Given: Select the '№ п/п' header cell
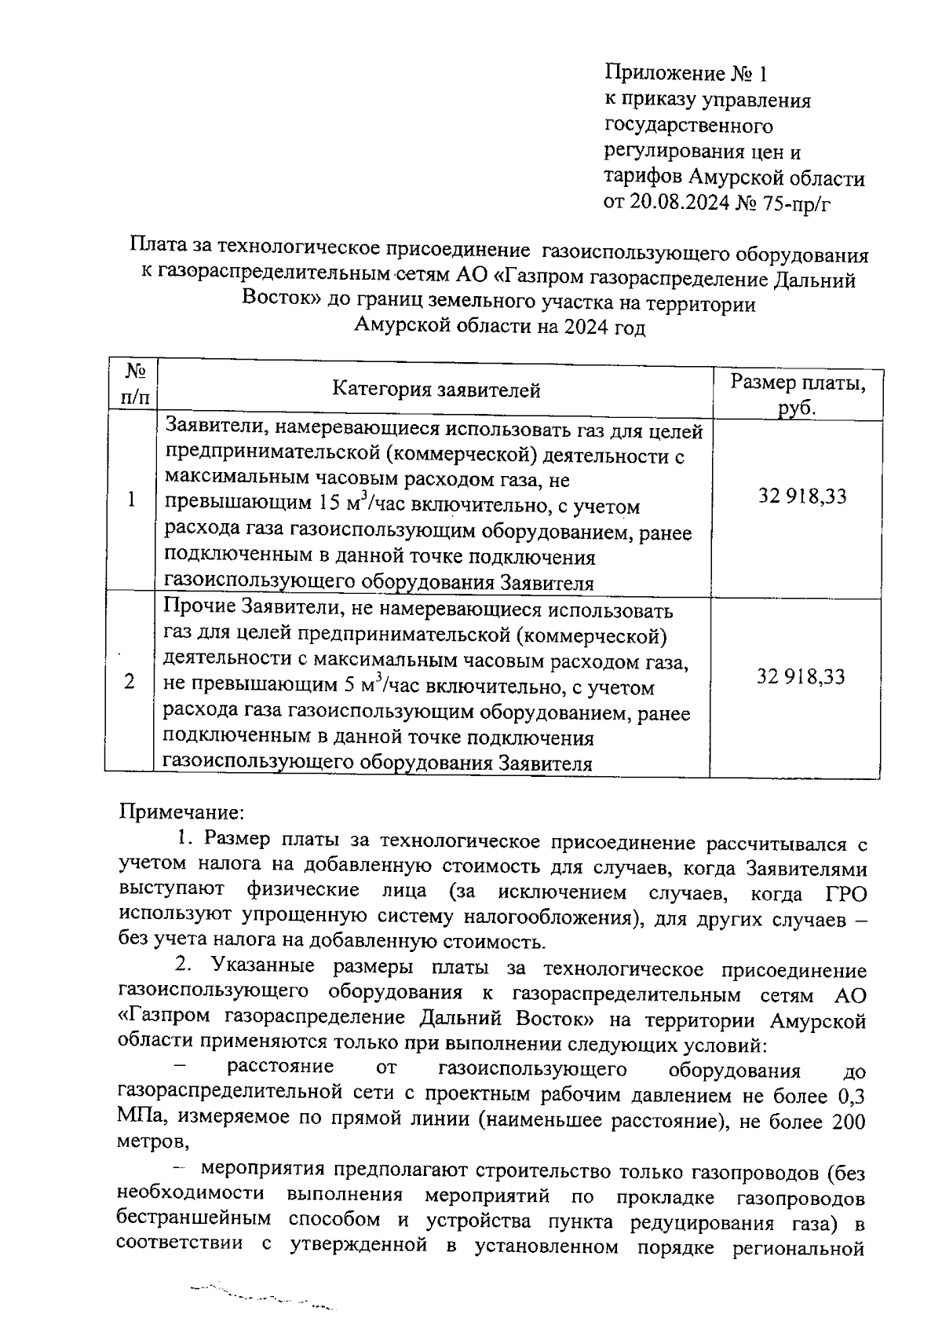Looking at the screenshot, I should [135, 383].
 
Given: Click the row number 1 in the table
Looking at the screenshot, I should [131, 500].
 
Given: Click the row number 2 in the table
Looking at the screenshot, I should [129, 681].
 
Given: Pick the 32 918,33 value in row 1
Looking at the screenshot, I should [801, 496].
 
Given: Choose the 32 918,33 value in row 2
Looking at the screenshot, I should [801, 677].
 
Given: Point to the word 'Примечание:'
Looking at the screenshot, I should [183, 811].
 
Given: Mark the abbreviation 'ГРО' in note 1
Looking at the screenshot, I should [845, 893].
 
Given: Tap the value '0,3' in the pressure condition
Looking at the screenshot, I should [849, 1096].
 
